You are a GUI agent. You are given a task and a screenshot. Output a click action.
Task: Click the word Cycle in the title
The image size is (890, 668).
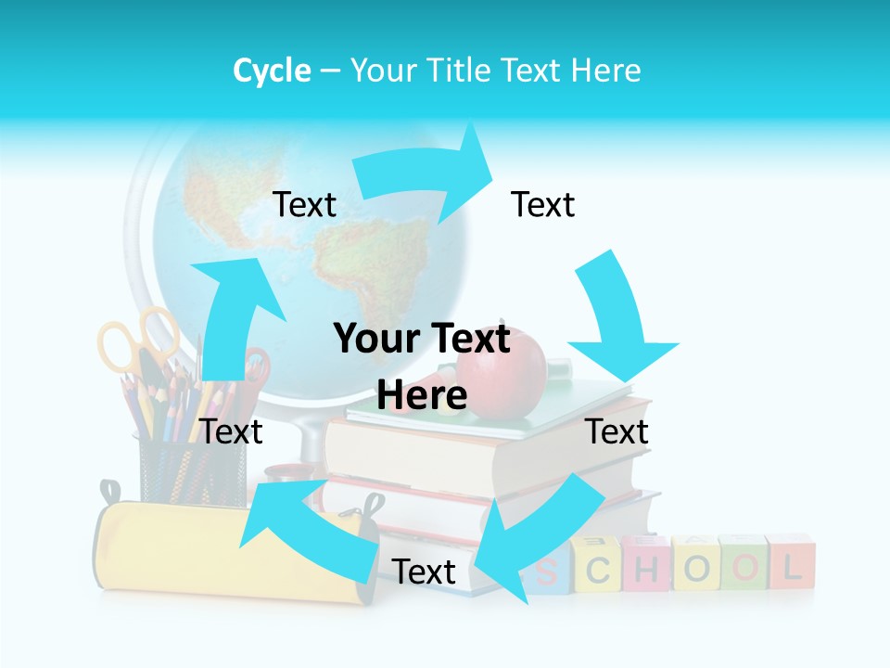[x=272, y=71]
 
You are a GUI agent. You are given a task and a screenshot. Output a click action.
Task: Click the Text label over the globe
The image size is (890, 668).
[x=304, y=204]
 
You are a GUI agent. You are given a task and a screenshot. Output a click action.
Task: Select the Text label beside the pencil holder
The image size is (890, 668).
[x=231, y=431]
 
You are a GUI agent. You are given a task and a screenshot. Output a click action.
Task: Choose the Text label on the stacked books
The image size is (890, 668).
[x=617, y=431]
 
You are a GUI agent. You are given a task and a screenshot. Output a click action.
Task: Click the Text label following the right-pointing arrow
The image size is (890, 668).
[x=543, y=204]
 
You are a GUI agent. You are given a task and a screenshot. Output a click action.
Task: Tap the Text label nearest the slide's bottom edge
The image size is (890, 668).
[x=424, y=572]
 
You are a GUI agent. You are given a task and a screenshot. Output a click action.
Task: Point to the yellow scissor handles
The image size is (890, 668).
[x=139, y=338]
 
